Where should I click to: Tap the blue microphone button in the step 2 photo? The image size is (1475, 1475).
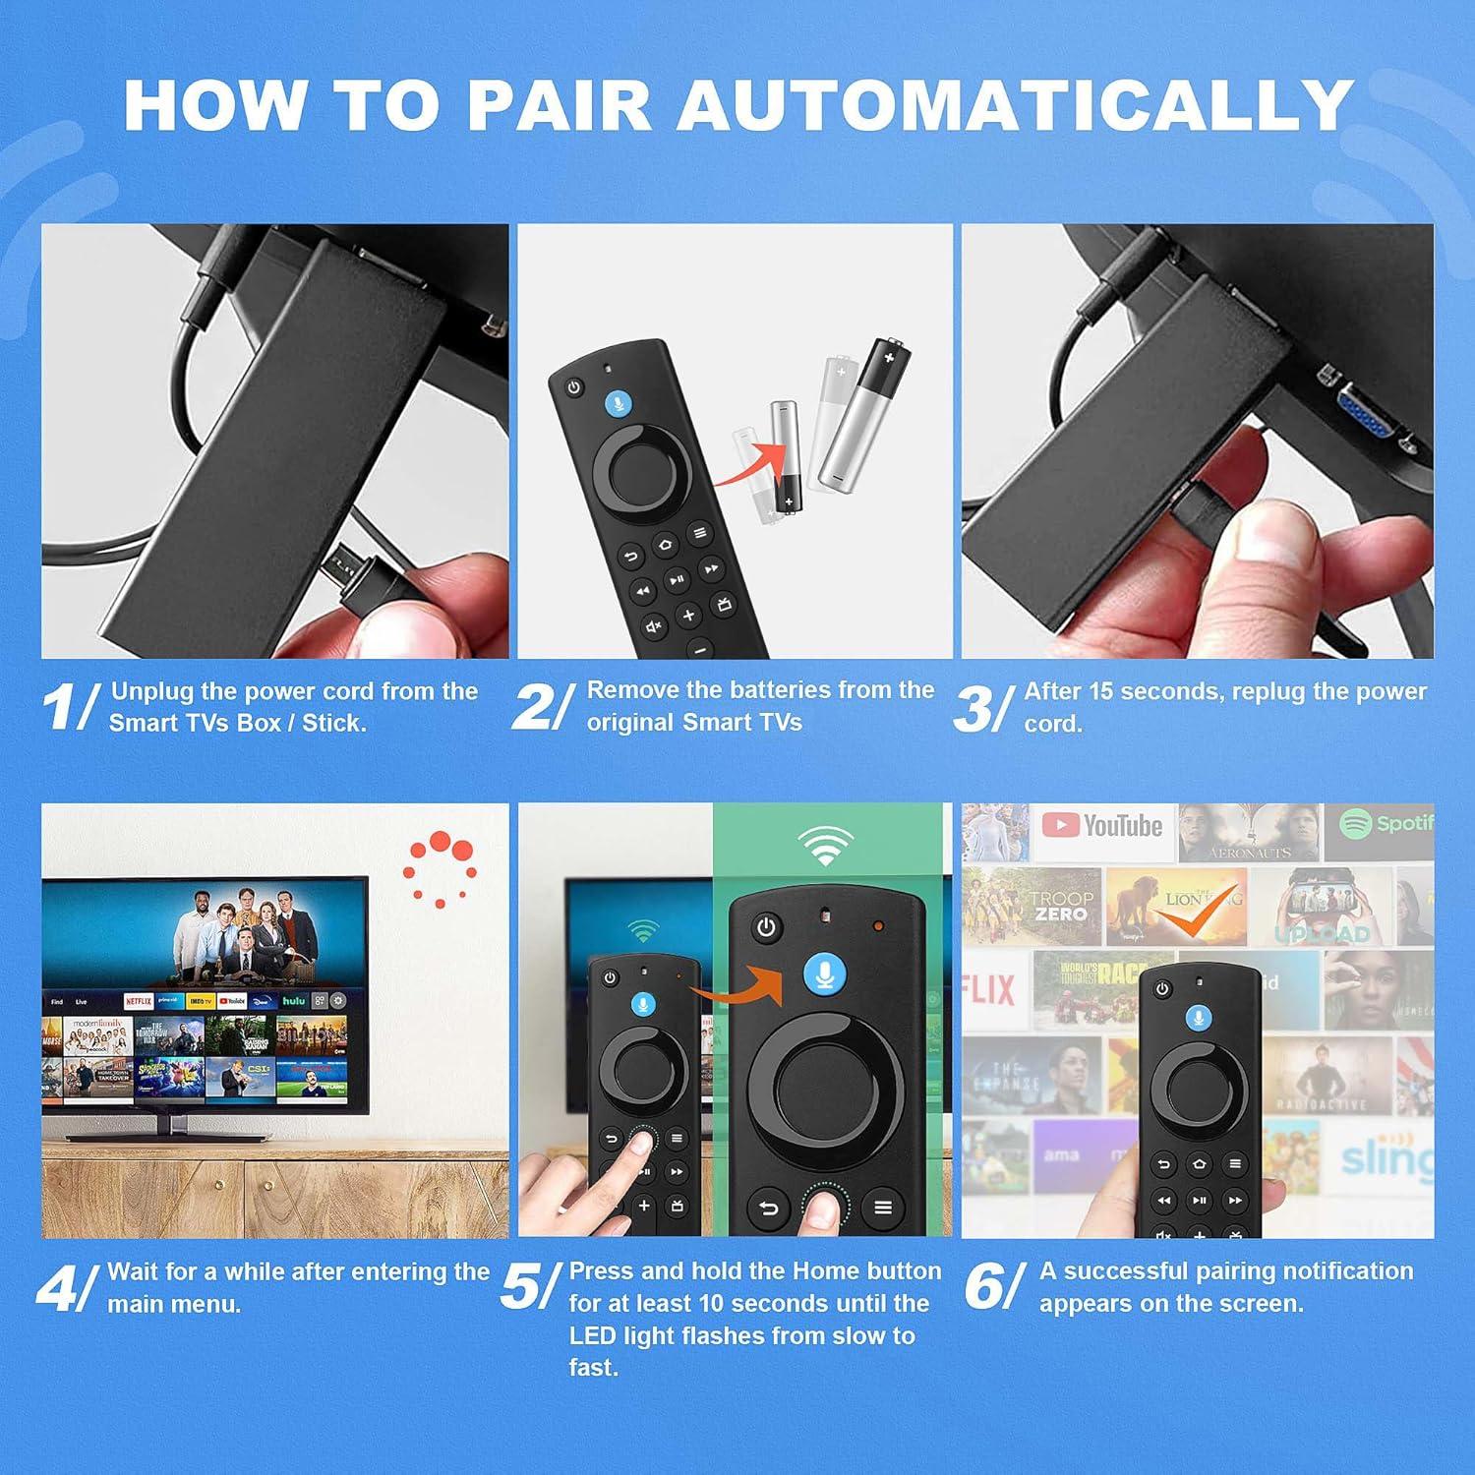[x=618, y=403]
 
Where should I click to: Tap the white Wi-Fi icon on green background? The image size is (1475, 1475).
[x=824, y=846]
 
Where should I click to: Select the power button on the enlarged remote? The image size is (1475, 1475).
[x=766, y=927]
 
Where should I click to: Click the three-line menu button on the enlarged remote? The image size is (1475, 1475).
[x=883, y=1207]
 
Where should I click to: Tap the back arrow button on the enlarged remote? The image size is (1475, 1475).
[x=768, y=1209]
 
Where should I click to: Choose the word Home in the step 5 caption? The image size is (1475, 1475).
[x=821, y=1271]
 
